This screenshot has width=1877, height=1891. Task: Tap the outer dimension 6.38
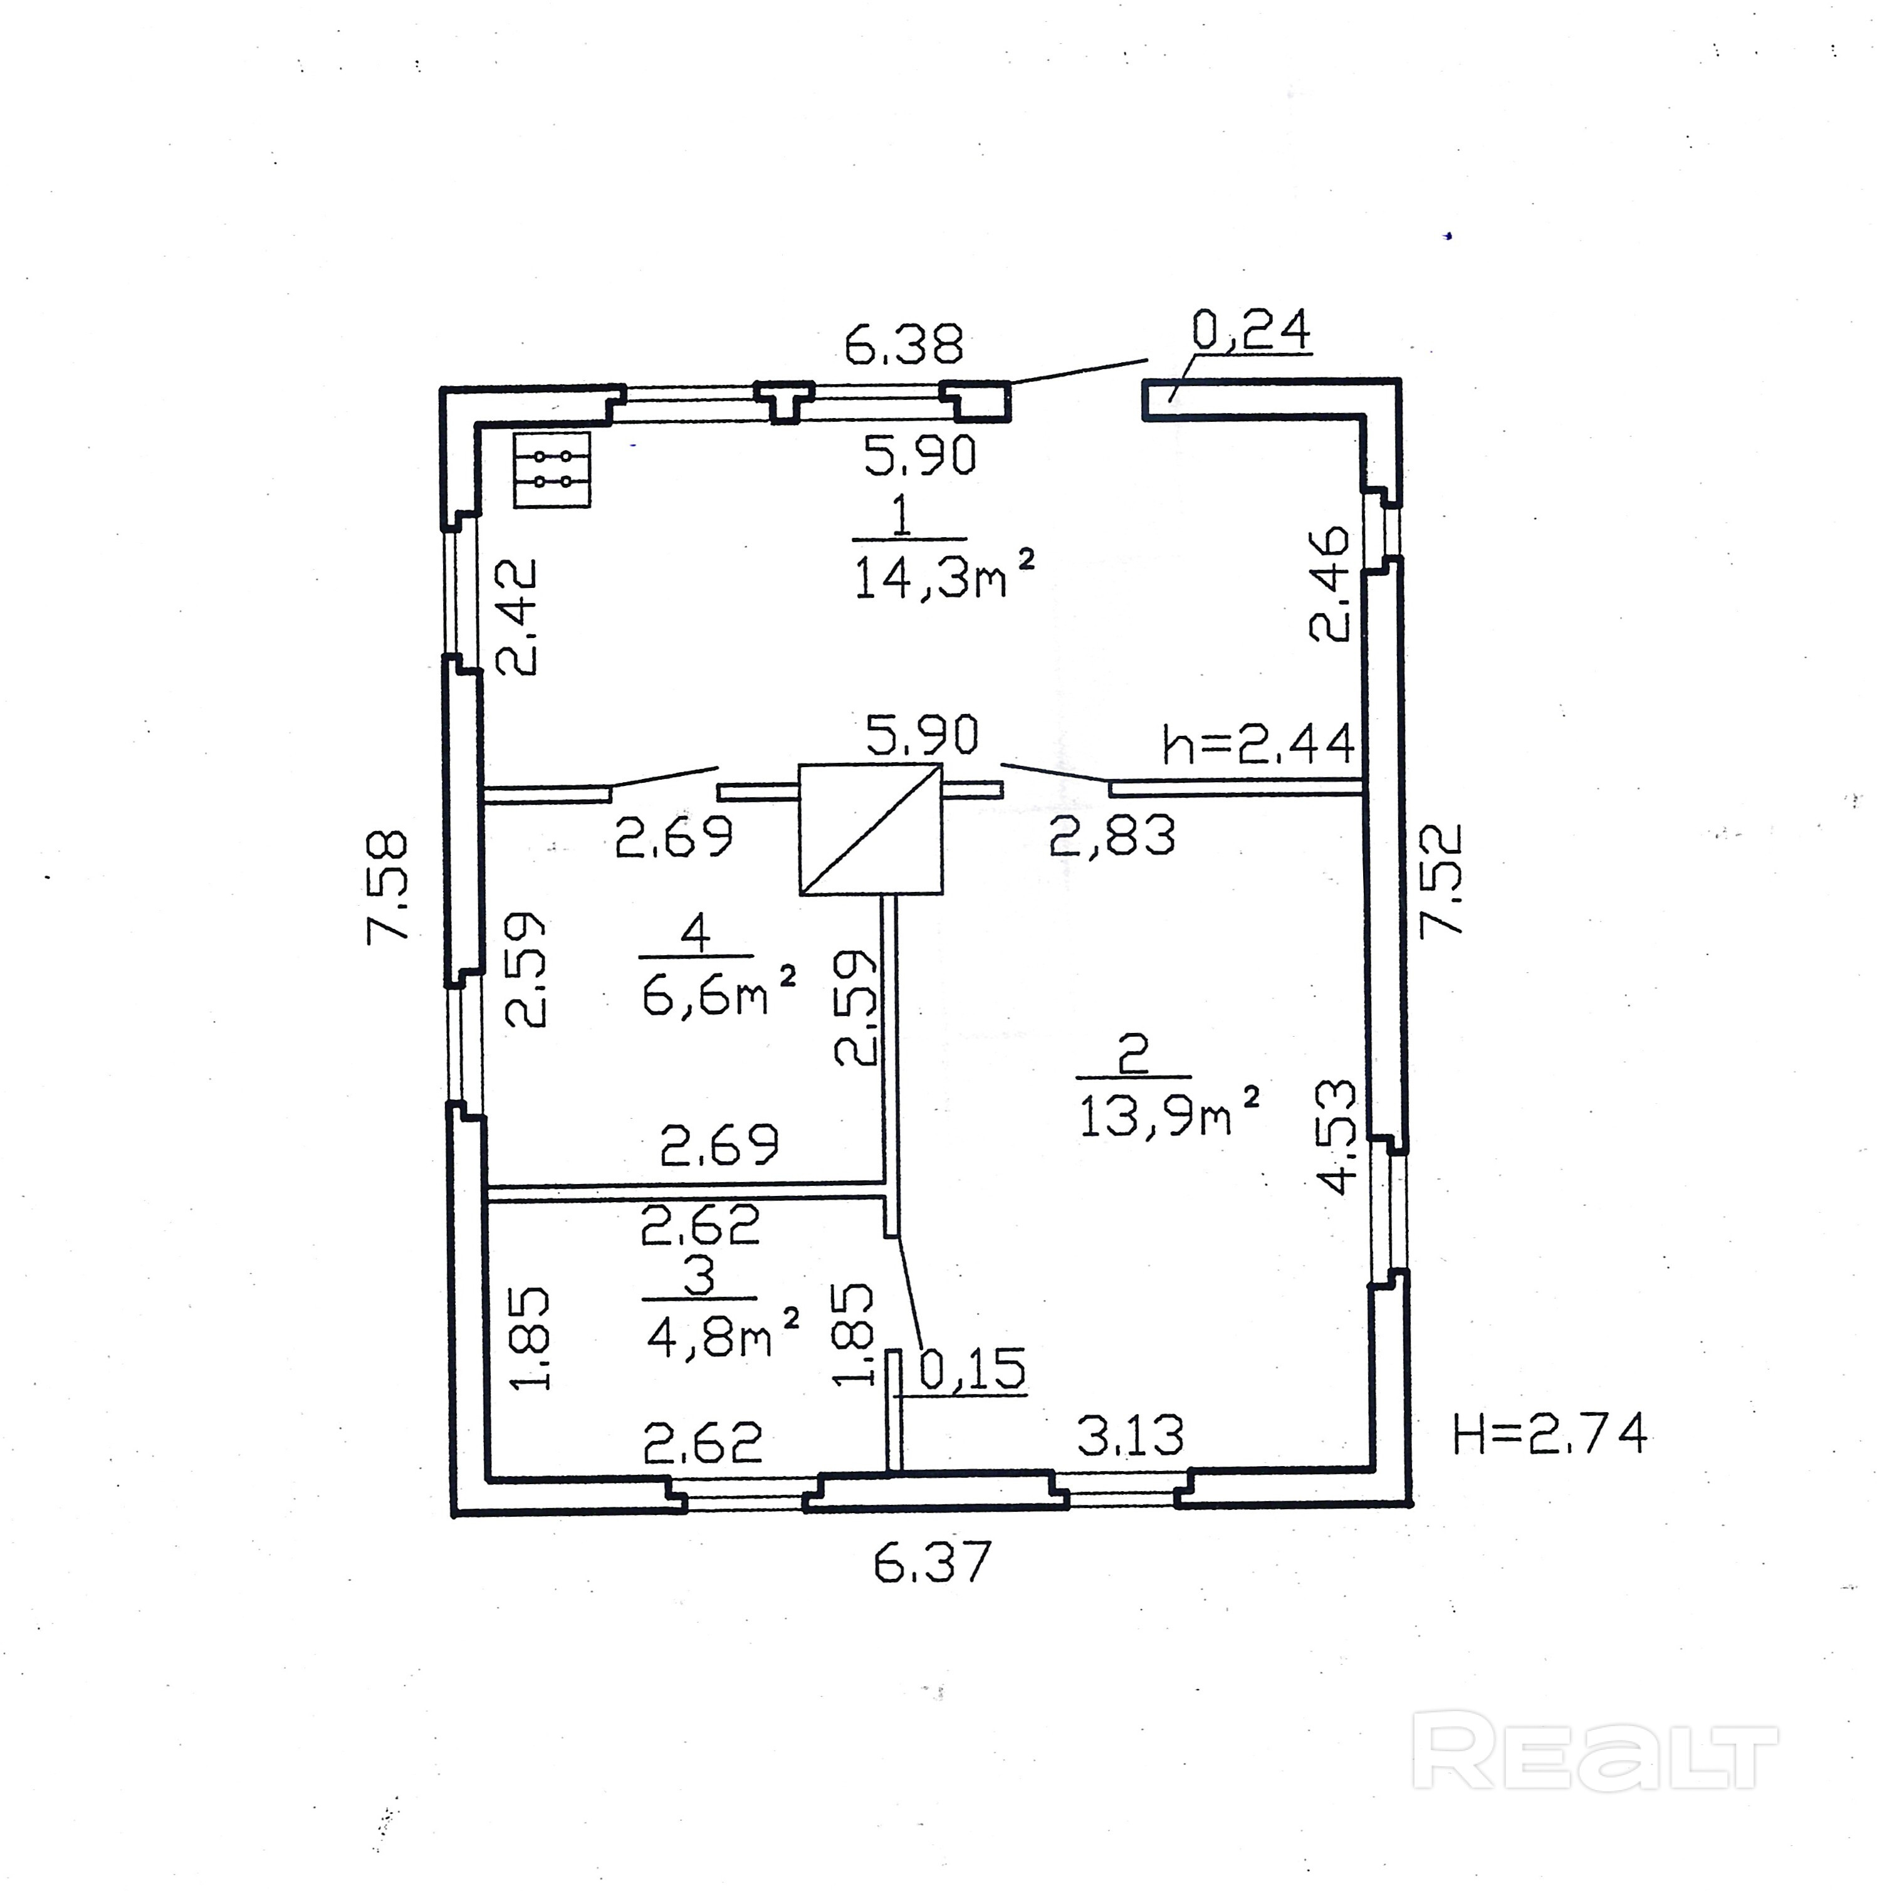903,345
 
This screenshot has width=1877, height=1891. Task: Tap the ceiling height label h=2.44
1258,745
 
